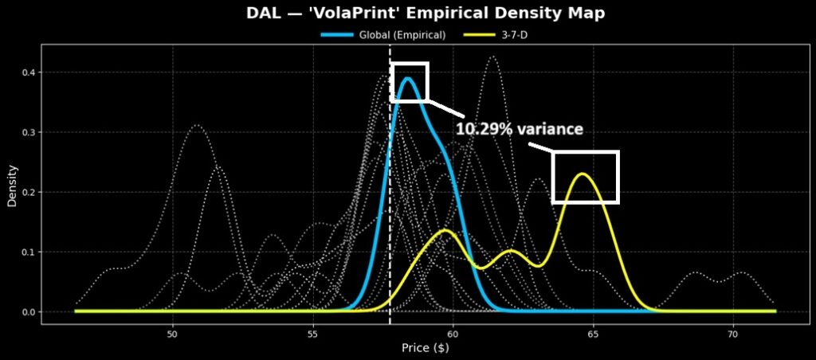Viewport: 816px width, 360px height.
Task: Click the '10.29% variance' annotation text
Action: coord(520,128)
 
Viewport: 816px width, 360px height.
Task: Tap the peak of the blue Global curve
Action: coord(408,78)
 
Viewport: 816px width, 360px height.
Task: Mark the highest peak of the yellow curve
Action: coord(583,174)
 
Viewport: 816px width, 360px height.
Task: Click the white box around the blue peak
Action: coord(410,64)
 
